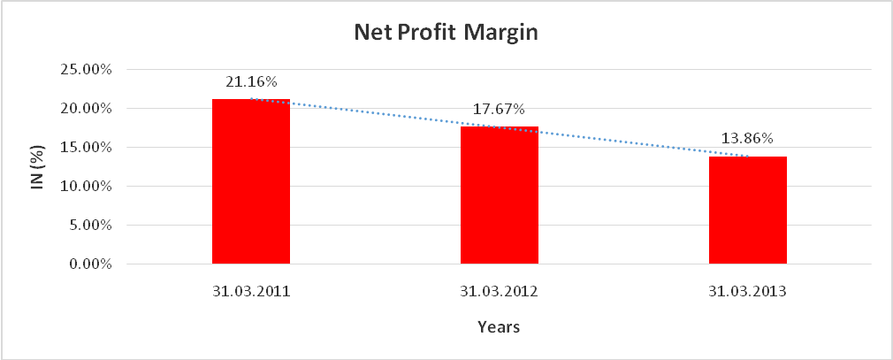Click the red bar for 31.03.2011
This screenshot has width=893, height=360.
251,181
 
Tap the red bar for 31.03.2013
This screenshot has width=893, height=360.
748,210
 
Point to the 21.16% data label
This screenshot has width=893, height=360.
251,81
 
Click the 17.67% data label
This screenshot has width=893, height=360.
500,110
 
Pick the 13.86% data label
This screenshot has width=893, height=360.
748,139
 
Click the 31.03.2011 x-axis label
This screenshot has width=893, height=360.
251,291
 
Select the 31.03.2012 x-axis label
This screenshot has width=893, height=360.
500,291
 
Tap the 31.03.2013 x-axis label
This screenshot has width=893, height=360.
748,291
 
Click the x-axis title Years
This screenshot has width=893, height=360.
499,327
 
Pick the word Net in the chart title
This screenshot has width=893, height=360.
371,34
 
